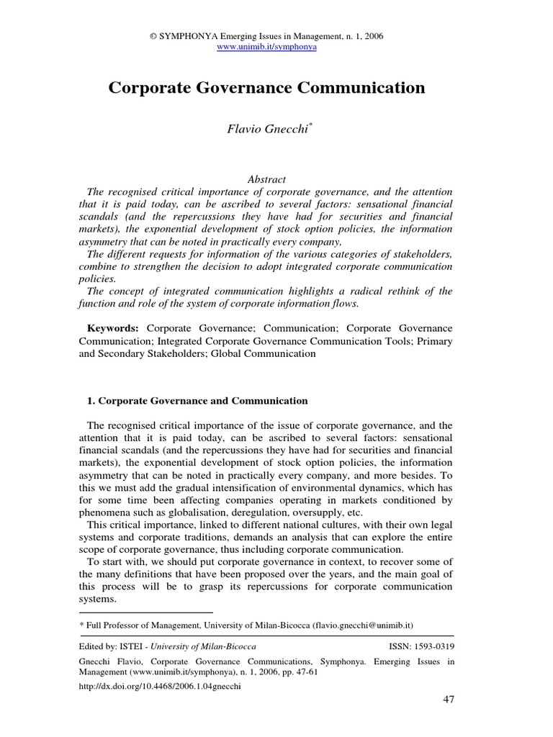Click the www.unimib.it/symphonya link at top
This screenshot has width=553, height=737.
266,47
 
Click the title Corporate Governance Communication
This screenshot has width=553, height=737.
266,89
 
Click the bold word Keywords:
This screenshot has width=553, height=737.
113,328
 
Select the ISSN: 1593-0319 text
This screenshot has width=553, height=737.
421,647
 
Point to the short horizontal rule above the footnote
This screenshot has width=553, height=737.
136,612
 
